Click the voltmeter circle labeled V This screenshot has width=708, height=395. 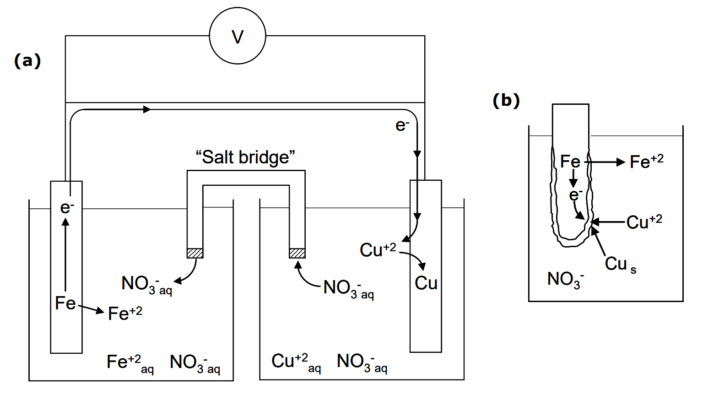238,36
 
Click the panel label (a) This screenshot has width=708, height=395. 27,60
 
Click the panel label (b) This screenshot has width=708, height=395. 506,100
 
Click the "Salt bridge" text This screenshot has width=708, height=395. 245,157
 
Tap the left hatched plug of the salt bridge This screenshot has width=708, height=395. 195,253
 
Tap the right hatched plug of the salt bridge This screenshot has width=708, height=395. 297,253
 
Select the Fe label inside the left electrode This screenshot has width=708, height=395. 65,303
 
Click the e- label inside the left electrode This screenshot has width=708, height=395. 67,207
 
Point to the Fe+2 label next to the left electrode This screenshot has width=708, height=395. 125,314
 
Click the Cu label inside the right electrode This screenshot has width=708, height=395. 426,283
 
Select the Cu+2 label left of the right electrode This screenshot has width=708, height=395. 378,250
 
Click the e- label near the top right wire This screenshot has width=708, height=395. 402,125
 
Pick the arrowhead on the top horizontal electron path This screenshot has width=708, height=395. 147,109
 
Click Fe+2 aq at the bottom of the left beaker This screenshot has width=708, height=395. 130,363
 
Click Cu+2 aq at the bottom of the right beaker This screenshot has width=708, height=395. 296,362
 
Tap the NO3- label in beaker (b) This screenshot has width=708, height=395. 565,279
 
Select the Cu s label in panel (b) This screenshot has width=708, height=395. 620,264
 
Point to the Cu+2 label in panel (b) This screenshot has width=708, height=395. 644,222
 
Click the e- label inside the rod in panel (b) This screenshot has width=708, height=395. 575,195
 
